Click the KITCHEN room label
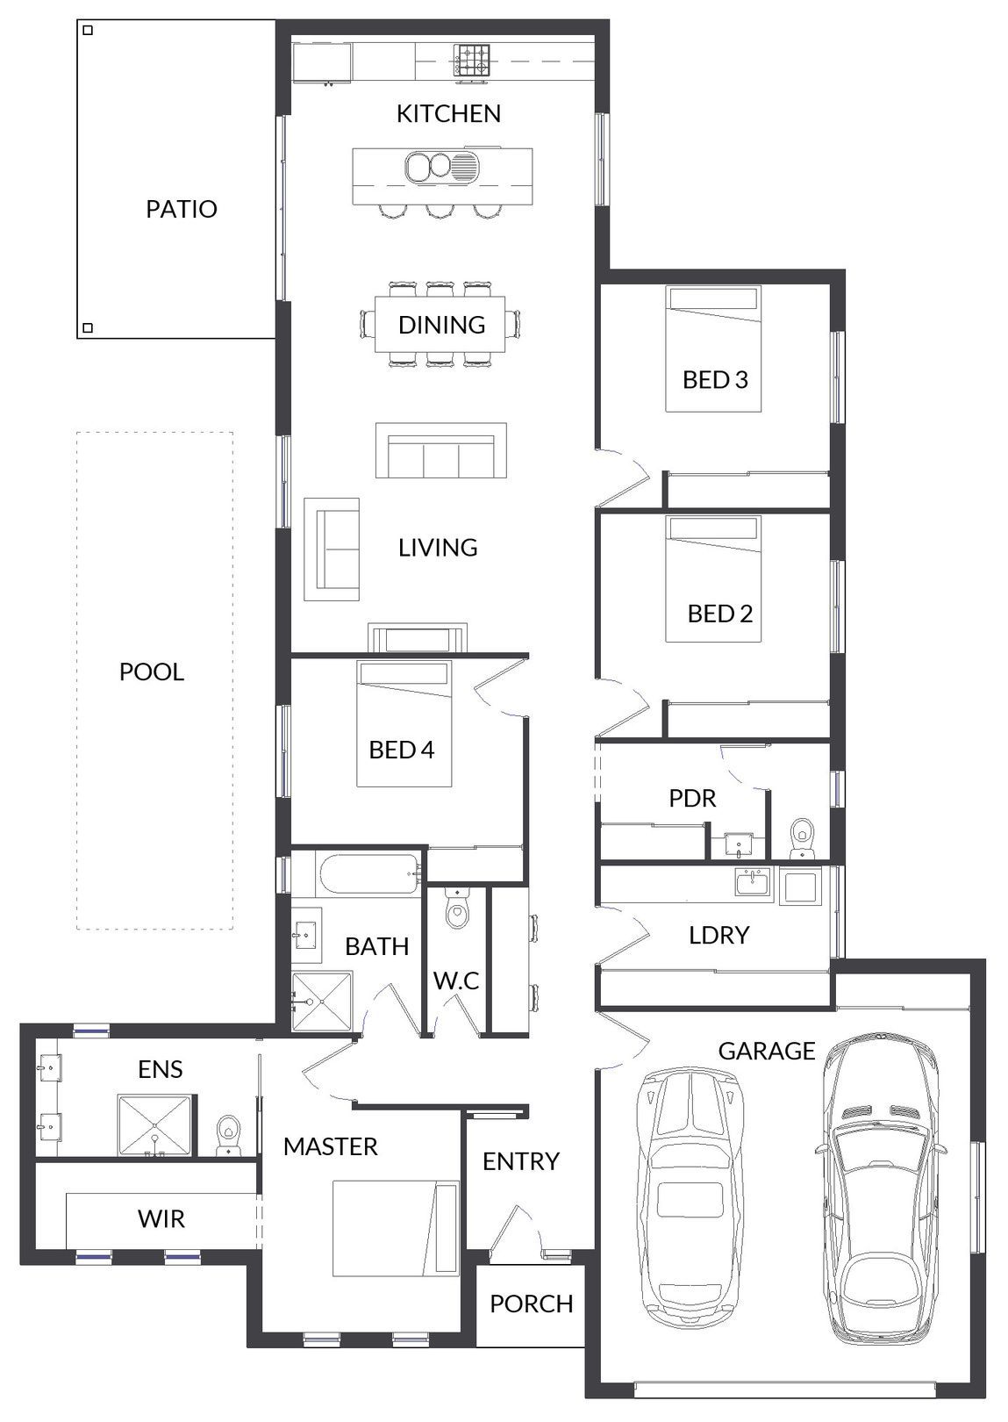point(448,113)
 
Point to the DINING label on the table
point(441,325)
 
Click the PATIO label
point(182,209)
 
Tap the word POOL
point(152,672)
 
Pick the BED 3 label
point(715,379)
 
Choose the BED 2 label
point(720,614)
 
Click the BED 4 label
point(402,750)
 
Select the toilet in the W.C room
point(456,908)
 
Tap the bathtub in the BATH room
point(368,874)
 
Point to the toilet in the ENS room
point(228,1137)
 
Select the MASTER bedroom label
point(330,1147)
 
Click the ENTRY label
point(521,1161)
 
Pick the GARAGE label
point(767,1052)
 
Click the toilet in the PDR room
point(802,839)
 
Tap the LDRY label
point(719,935)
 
